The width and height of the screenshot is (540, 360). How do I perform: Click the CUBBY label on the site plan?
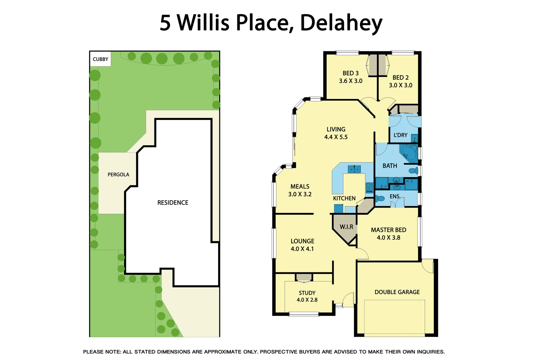pyautogui.click(x=100, y=59)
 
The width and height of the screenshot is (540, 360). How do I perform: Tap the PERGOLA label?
pyautogui.click(x=118, y=175)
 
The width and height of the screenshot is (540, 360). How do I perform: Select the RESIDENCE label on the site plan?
pyautogui.click(x=173, y=203)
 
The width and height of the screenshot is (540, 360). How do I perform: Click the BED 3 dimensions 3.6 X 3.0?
pyautogui.click(x=351, y=81)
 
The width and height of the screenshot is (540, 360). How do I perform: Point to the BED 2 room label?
pyautogui.click(x=400, y=77)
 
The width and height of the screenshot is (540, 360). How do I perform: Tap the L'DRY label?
pyautogui.click(x=400, y=135)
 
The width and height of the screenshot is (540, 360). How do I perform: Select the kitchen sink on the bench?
pyautogui.click(x=354, y=169)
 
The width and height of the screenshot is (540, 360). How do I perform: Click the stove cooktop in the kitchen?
pyautogui.click(x=369, y=188)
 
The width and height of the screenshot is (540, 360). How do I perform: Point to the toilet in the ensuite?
pyautogui.click(x=380, y=199)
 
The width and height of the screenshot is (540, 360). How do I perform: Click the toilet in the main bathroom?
pyautogui.click(x=414, y=171)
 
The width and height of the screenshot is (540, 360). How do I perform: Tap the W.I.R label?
pyautogui.click(x=346, y=227)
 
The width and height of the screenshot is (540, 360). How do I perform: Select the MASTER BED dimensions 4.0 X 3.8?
pyautogui.click(x=388, y=238)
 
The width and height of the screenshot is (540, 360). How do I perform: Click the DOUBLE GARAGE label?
pyautogui.click(x=397, y=292)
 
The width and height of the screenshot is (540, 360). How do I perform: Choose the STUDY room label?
pyautogui.click(x=307, y=293)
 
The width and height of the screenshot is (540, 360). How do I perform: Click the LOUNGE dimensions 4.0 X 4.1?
pyautogui.click(x=302, y=249)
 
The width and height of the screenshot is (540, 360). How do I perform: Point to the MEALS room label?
pyautogui.click(x=300, y=187)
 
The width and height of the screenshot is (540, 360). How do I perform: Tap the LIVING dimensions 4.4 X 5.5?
pyautogui.click(x=336, y=137)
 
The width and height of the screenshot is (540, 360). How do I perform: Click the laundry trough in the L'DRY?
pyautogui.click(x=414, y=138)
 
